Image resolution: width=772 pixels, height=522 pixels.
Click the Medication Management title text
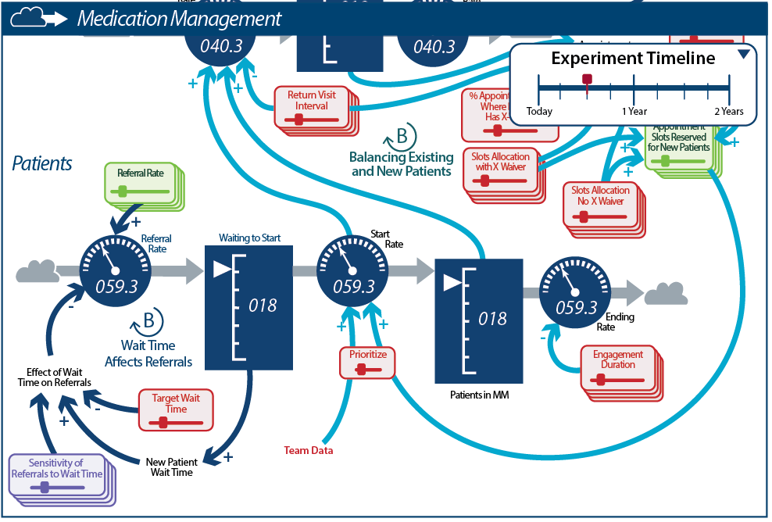179,19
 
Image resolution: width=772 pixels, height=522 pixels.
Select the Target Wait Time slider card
175,409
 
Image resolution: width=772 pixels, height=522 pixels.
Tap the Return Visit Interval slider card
312,106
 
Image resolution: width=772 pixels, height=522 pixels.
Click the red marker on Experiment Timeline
588,80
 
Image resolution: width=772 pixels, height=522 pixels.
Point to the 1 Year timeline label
634,111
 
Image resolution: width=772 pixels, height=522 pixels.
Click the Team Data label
308,450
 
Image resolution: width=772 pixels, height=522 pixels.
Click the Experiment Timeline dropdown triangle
744,54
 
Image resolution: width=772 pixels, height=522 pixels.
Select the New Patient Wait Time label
172,467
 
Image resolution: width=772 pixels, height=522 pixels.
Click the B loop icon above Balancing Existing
400,137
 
